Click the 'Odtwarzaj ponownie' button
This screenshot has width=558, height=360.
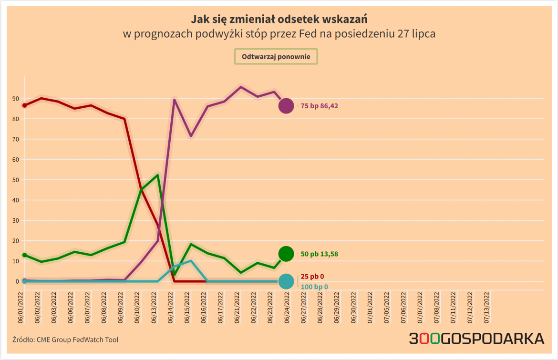point(276,57)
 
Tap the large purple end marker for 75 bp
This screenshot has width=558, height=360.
point(286,106)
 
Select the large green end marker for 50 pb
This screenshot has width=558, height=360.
point(286,254)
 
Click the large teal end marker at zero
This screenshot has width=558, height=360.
point(286,282)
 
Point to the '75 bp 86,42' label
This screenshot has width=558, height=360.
point(319,106)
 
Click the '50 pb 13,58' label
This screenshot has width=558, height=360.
point(319,254)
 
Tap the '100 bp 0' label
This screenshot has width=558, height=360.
point(314,287)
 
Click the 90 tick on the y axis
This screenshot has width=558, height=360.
point(16,99)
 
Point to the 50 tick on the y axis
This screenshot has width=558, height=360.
point(16,180)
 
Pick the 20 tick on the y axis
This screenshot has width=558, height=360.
point(16,241)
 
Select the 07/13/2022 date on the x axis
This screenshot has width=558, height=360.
point(486,308)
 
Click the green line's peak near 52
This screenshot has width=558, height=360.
point(157,175)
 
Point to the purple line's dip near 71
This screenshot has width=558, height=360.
point(191,136)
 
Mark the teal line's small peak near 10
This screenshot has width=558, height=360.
point(191,261)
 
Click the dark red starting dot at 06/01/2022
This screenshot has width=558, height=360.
point(24,105)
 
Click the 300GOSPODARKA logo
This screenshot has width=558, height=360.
point(476,339)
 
